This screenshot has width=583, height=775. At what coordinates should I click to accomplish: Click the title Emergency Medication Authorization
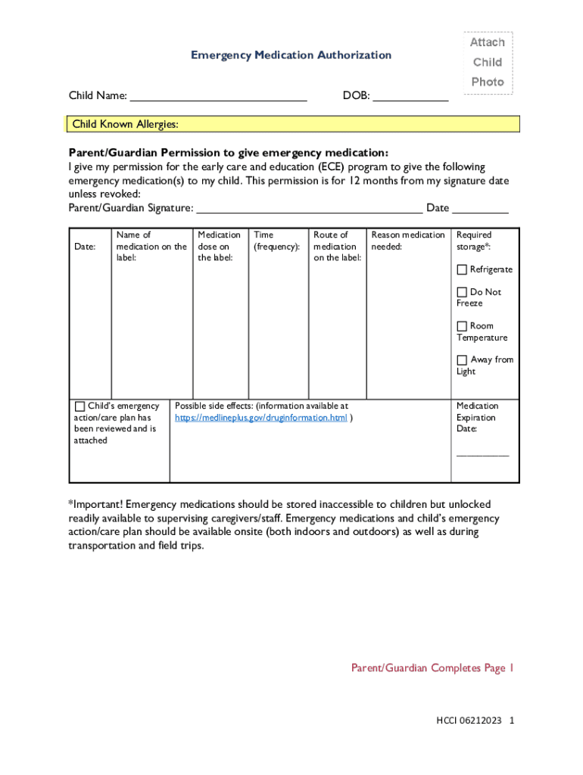291,55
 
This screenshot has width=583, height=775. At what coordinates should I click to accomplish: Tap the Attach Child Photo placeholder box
488,63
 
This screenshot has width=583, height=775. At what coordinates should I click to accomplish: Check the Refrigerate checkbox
462,269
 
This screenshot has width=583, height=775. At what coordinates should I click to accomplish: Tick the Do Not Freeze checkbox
462,292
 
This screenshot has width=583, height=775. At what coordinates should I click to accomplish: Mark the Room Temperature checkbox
462,326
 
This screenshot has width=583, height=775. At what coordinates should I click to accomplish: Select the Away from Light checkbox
462,360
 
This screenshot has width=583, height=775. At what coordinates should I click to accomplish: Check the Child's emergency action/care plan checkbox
79,406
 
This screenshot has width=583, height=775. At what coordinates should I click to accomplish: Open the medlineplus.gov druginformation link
261,418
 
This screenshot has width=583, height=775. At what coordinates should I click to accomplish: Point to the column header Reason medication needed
408,241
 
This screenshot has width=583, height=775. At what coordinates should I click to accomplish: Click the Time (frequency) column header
277,241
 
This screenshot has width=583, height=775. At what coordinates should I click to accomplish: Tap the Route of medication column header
337,247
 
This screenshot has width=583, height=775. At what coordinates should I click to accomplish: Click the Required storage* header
474,241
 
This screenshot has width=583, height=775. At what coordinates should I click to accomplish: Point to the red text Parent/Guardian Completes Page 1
432,668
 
